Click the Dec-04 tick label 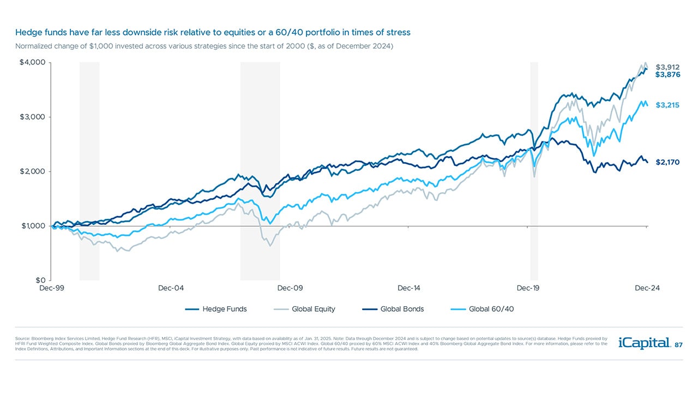click(171, 288)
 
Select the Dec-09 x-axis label click(290, 288)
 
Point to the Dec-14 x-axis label click(408, 288)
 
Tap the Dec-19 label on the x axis click(528, 288)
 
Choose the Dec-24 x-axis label click(647, 288)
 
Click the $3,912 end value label click(667, 67)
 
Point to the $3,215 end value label click(667, 105)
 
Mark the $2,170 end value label click(667, 162)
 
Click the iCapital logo click(643, 343)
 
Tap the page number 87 click(678, 345)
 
